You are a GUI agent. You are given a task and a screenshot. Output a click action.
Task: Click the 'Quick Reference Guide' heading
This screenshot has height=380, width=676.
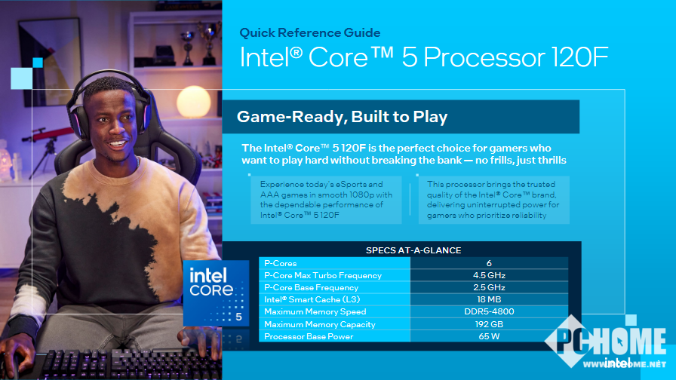point(309,32)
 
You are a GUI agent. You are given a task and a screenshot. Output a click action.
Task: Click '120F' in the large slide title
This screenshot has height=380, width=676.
point(580,57)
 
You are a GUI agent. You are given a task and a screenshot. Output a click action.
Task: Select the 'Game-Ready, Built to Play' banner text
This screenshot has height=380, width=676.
point(342,117)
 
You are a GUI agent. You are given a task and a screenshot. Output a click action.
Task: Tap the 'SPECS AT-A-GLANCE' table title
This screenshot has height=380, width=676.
point(413,250)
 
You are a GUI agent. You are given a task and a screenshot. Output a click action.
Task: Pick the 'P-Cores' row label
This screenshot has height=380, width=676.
point(280,263)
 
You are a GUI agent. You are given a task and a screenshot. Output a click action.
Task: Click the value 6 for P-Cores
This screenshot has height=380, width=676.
point(489,263)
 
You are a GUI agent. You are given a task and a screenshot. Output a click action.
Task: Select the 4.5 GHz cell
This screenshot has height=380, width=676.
point(489,275)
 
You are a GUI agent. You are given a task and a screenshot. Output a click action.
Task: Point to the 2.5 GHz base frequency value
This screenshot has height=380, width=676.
point(489,287)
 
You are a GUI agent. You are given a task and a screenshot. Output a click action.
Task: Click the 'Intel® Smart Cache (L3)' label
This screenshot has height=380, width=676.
point(312,299)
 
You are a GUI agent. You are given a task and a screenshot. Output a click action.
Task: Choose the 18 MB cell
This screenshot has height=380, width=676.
point(489,299)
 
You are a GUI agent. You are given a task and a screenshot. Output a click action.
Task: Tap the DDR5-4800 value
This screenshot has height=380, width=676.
point(489,311)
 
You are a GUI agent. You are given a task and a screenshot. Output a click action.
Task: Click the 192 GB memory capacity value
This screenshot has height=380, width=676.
point(489,324)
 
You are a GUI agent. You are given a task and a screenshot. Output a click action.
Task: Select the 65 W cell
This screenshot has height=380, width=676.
point(489,336)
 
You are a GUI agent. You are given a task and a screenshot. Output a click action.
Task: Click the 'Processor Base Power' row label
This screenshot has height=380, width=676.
point(309,336)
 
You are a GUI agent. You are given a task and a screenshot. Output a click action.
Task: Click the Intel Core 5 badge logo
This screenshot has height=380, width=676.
point(216,293)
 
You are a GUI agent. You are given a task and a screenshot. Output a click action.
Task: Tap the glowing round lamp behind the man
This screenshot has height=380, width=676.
point(194,102)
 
